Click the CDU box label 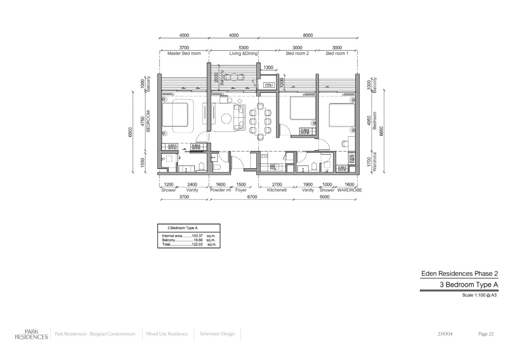pos(269,85)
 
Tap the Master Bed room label pos(184,53)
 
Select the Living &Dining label pos(243,53)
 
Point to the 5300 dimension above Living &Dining pos(243,48)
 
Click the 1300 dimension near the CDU pos(268,67)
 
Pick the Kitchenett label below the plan pos(277,190)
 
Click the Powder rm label pos(221,190)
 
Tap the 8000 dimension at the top pos(308,35)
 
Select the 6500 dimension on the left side pos(130,132)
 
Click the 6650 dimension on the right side pos(381,131)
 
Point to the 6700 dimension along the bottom pos(252,197)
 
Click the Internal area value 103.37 pos(197,236)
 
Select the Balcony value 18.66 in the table pos(198,240)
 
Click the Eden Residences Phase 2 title pos(459,274)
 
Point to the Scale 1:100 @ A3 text pos(479,295)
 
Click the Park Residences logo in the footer pos(31,334)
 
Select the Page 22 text pos(486,334)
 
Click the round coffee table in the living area pos(226,119)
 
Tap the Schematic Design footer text pos(217,334)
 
